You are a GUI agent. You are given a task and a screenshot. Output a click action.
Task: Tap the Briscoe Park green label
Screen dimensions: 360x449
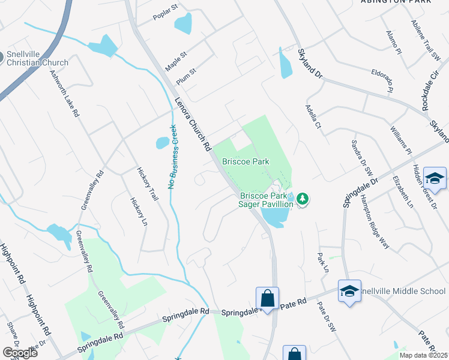click(x=246, y=161)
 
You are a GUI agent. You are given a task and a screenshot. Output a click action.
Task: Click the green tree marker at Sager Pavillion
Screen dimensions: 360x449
click(x=303, y=198)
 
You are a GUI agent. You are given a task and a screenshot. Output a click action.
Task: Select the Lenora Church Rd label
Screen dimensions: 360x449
click(x=193, y=124)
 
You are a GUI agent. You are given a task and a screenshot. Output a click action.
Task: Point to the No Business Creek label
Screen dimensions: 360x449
click(x=172, y=157)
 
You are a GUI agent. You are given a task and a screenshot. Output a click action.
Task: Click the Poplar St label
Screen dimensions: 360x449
click(x=166, y=12)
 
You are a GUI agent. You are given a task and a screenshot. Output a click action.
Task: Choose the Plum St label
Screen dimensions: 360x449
click(x=187, y=77)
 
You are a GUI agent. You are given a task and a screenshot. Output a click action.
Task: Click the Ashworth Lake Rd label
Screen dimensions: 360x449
click(x=64, y=93)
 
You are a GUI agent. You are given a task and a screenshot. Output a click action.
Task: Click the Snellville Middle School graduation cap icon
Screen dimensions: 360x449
click(x=349, y=291)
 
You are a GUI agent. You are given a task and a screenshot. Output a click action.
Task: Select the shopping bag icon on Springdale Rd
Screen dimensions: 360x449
click(x=267, y=298)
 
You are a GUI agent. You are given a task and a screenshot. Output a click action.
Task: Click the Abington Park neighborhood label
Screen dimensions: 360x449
click(x=396, y=2)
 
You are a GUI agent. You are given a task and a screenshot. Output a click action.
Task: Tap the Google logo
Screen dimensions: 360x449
click(x=19, y=353)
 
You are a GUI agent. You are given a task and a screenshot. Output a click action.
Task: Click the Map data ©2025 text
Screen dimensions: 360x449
click(x=423, y=355)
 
